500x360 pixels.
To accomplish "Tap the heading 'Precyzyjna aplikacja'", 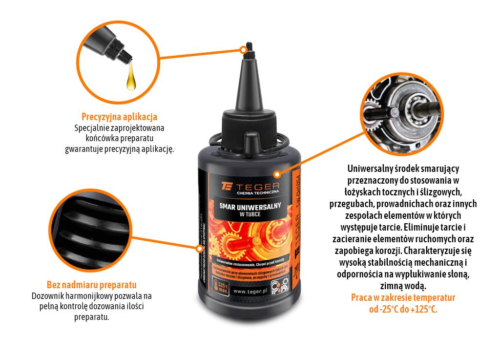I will coord(119,117).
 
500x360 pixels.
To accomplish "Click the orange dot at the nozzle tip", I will coord(244,49).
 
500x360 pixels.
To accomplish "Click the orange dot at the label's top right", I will coord(277,173).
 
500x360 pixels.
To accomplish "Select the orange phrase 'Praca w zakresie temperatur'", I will coord(403,297).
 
